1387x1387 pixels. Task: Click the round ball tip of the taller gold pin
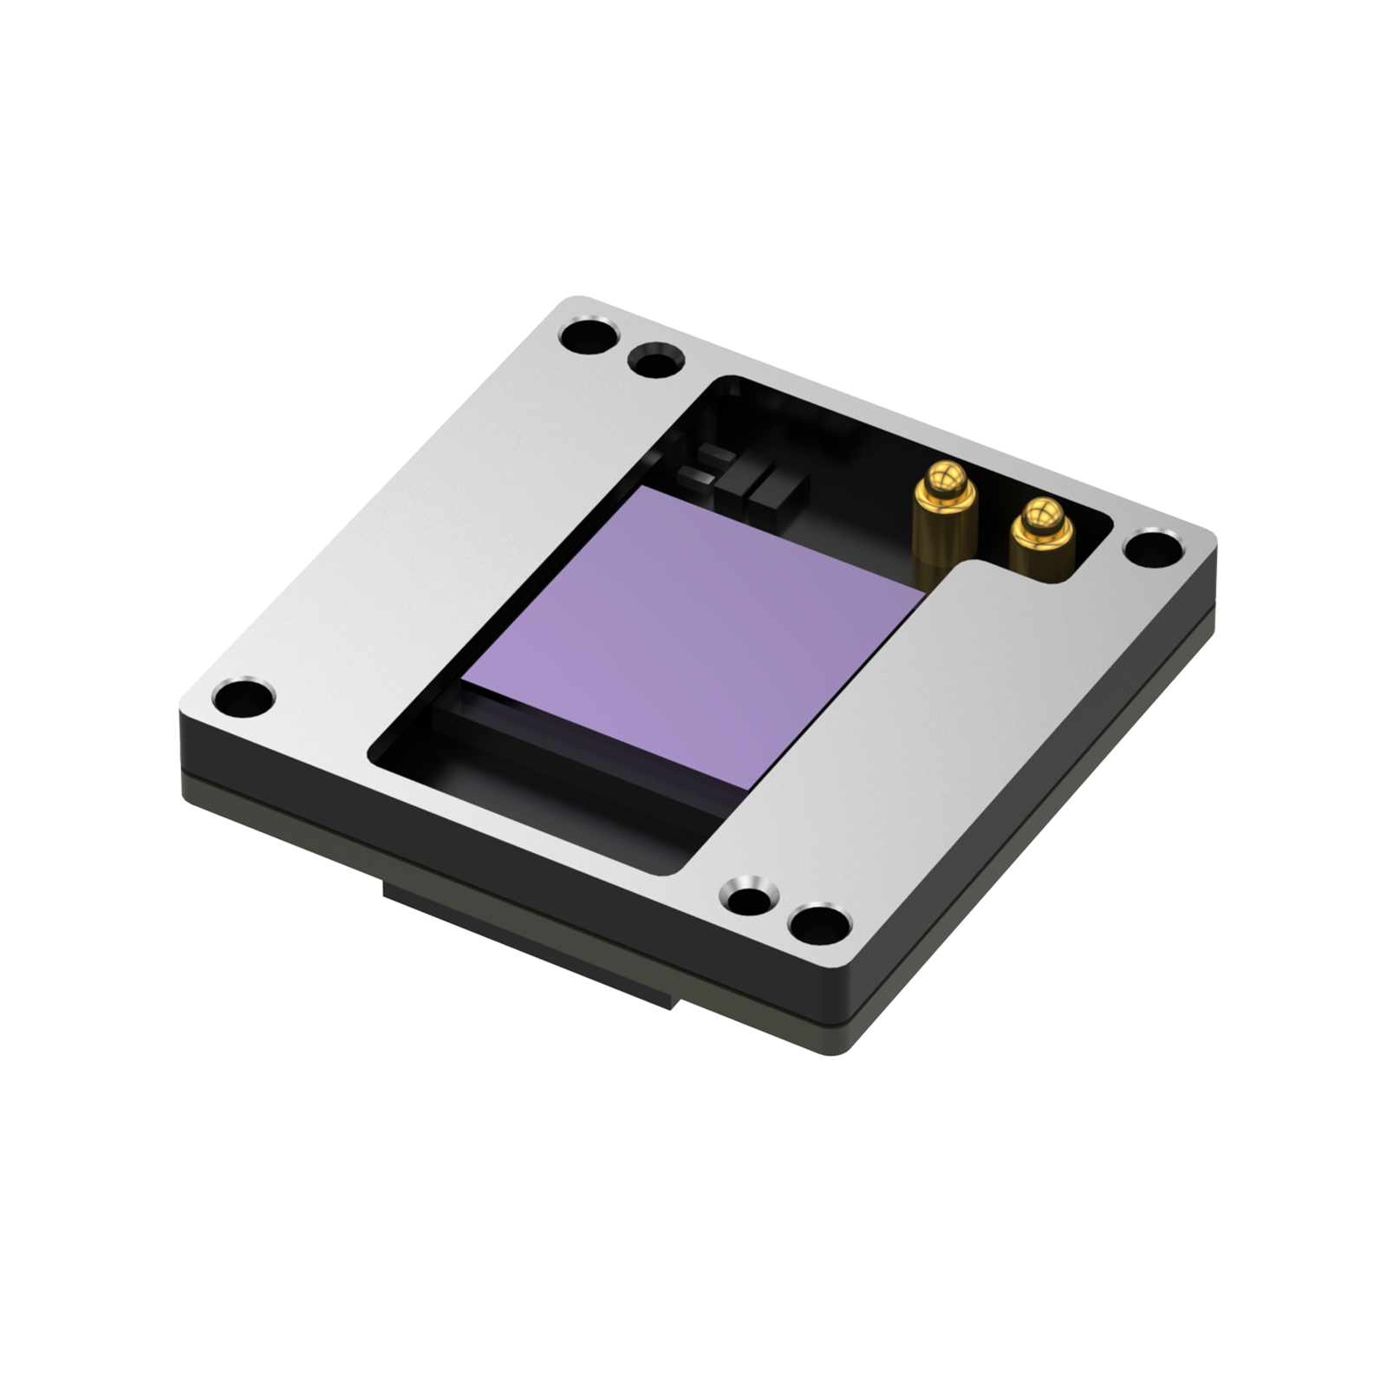[x=945, y=479]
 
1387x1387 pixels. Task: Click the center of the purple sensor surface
[x=693, y=637]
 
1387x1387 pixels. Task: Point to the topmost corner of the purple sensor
[x=640, y=487]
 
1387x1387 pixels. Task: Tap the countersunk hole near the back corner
[x=654, y=360]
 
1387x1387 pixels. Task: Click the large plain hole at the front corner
[x=817, y=923]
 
